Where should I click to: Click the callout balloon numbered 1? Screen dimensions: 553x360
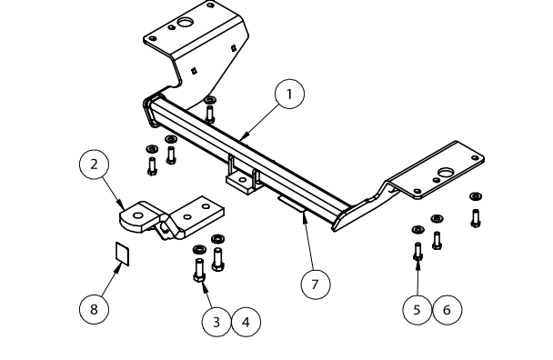289,95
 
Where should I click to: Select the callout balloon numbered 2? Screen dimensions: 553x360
94,165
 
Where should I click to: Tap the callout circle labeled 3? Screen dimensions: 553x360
216,322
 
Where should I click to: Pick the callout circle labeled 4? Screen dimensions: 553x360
246,322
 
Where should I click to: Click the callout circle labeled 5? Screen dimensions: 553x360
417,310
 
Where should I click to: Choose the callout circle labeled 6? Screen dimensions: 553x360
447,310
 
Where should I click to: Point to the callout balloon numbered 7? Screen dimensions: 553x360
316,284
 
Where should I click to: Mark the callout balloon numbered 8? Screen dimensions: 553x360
94,309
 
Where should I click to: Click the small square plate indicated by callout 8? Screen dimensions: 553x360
123,254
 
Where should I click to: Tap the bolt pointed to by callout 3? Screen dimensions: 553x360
199,270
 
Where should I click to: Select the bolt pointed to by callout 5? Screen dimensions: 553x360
417,252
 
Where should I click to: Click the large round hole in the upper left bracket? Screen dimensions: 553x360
184,23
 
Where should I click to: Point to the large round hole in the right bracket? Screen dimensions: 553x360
446,173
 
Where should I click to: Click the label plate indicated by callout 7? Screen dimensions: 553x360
291,204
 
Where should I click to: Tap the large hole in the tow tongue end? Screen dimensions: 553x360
138,215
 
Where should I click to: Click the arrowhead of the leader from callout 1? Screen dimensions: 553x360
243,137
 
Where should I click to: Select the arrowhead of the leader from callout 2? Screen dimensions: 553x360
121,205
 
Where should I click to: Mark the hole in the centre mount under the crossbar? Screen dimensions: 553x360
242,180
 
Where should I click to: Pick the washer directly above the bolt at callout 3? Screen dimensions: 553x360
199,250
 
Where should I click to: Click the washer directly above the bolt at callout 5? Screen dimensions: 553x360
417,230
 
